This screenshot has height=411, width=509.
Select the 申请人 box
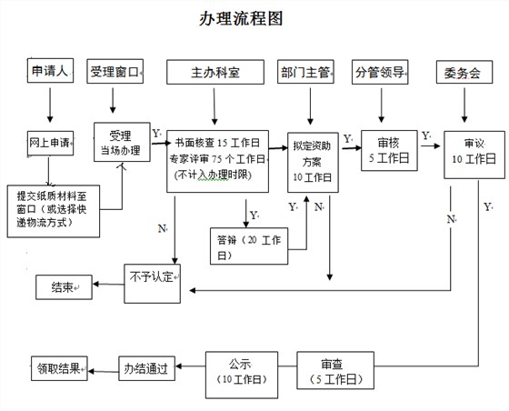point(50,72)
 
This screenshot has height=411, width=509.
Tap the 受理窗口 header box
point(115,72)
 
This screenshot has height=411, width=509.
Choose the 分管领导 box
point(380,72)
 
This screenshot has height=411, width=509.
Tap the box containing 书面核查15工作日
point(217,159)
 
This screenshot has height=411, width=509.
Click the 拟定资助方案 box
point(312,160)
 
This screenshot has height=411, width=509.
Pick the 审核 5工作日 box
point(389,151)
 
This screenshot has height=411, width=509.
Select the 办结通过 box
point(146,370)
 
